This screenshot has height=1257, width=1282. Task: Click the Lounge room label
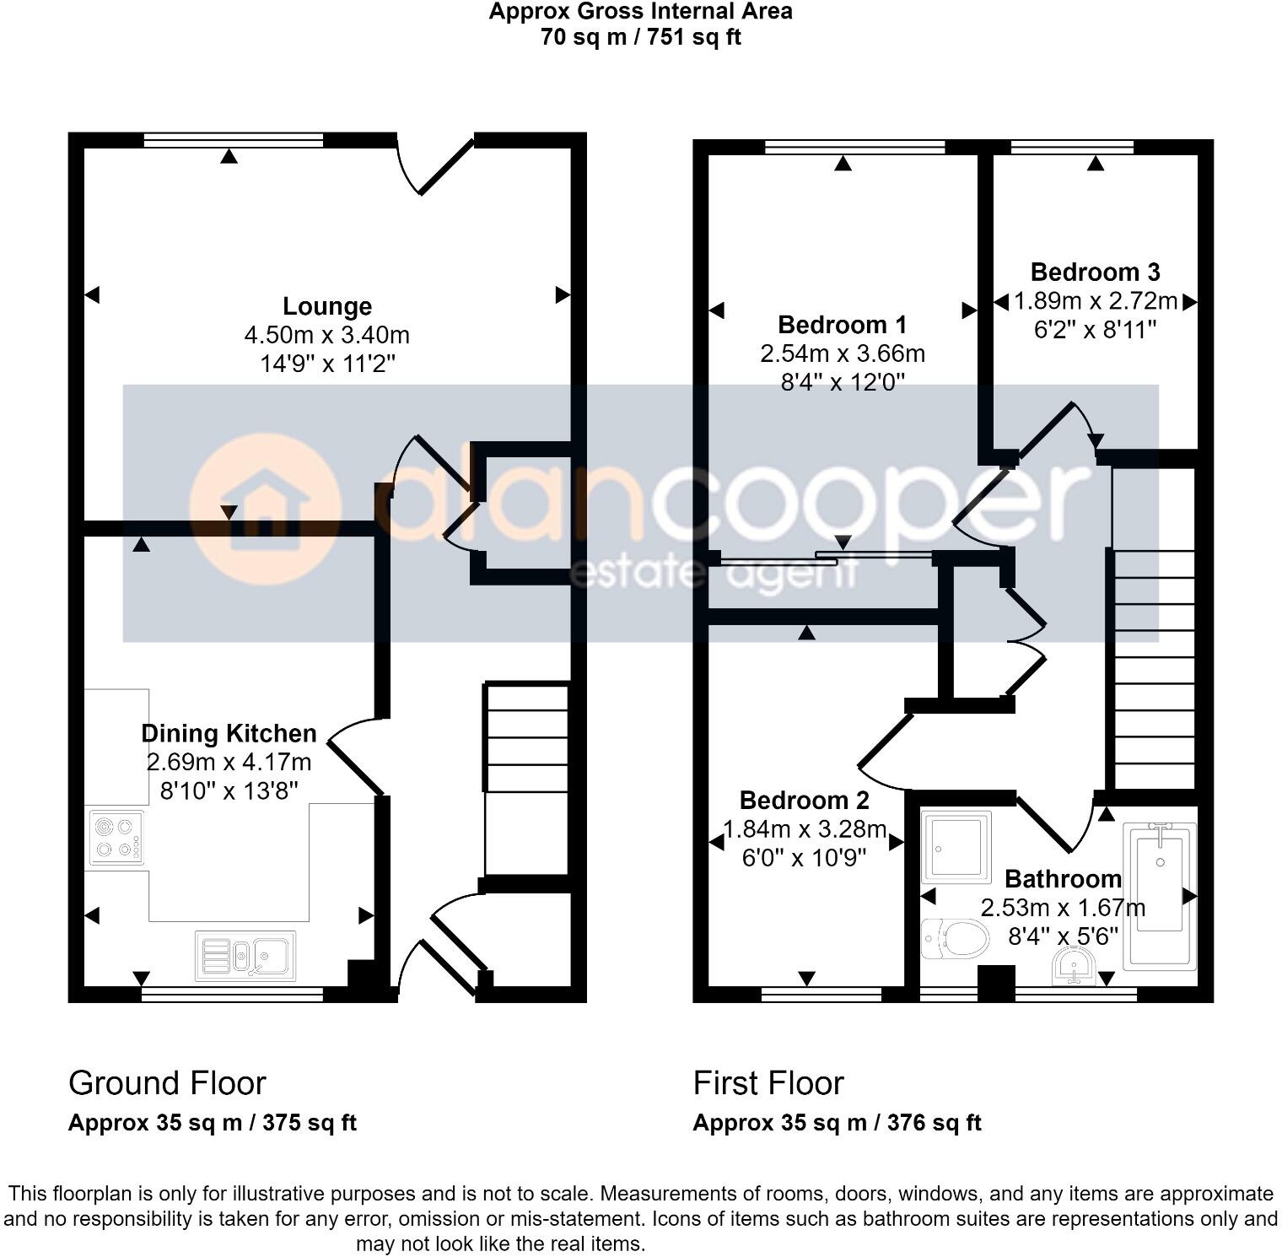tap(326, 306)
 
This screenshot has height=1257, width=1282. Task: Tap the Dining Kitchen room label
tap(229, 733)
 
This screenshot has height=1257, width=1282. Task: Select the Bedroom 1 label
tap(842, 325)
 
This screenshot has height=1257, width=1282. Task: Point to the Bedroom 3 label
tap(1095, 272)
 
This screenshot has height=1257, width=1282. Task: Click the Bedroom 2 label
tap(804, 800)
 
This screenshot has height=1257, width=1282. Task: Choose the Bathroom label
tap(1063, 879)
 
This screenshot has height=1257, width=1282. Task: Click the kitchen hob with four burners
tap(116, 838)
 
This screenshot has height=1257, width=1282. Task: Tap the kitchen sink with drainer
tap(245, 956)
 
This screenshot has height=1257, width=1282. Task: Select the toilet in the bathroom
tap(956, 938)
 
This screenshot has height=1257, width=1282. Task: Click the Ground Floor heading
tap(167, 1083)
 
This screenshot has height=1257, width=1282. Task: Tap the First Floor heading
tap(768, 1083)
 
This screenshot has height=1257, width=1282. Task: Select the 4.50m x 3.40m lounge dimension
tap(326, 335)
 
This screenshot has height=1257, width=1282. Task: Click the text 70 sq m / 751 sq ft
tap(640, 37)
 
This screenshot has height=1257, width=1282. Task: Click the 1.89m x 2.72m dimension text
tap(1095, 301)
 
